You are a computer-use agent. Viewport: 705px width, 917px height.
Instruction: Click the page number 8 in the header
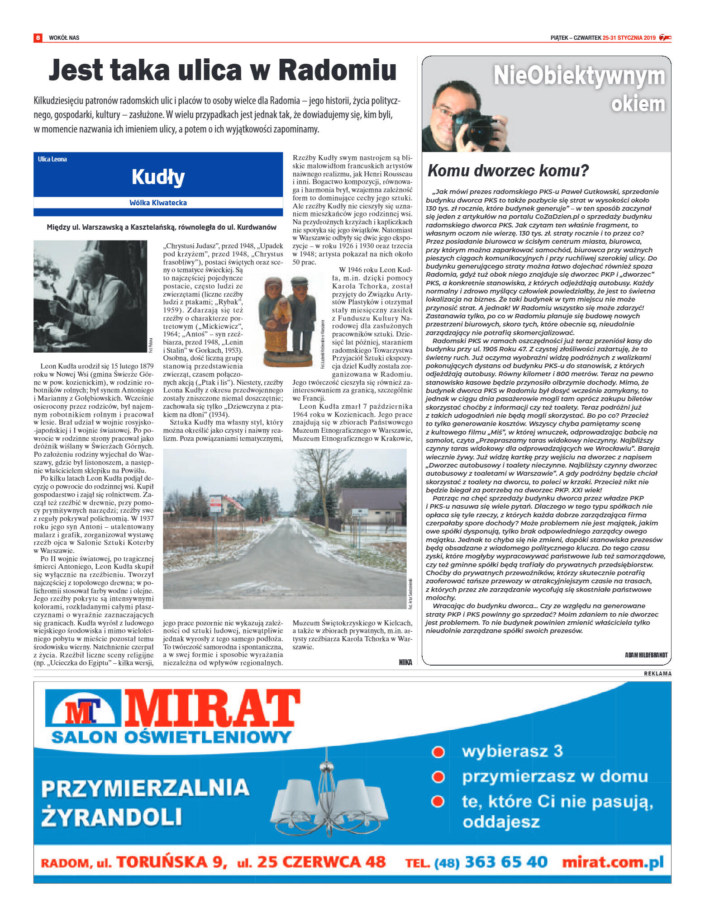click(38, 38)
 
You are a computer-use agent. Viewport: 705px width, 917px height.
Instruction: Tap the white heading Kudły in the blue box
click(158, 176)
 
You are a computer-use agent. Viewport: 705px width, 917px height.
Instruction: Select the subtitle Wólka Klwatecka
click(158, 203)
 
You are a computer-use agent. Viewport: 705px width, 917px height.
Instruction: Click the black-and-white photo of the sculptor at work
click(90, 296)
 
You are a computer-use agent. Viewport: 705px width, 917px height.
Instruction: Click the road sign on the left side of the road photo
click(216, 503)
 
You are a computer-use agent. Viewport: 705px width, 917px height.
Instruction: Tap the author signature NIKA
click(405, 662)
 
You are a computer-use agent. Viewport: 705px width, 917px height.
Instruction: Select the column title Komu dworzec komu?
click(508, 170)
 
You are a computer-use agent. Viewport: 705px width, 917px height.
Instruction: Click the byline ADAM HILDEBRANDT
click(646, 655)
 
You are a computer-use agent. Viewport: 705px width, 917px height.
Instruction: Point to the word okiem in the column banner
click(638, 104)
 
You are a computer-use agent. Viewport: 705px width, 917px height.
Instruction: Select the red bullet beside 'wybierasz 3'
click(438, 752)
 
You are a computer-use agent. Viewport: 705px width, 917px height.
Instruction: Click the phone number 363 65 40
click(506, 862)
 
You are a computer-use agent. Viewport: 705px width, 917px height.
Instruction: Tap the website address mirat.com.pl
click(612, 862)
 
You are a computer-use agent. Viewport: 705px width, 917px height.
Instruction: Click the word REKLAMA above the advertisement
click(657, 674)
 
